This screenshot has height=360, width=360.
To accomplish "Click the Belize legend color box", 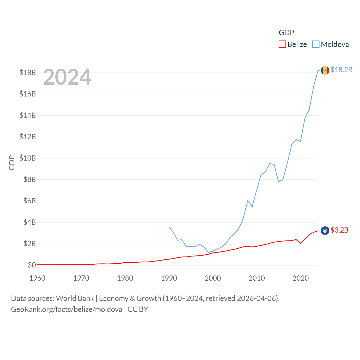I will pos(282,44).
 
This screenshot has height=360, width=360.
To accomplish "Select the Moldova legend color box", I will pos(316,44).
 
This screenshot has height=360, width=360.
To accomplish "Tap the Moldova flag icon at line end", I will pos(325,70).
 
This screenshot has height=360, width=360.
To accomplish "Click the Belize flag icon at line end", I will pos(325,231).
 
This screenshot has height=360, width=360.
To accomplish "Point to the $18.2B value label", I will pos(341,70).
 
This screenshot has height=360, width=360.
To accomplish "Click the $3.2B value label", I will pos(339,230).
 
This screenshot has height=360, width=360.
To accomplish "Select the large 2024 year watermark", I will pos(67,77).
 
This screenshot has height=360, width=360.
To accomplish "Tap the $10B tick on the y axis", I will pos(28,158).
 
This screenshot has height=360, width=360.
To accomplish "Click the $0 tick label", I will pos(32,265).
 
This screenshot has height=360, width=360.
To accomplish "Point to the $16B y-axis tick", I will pos(28,94).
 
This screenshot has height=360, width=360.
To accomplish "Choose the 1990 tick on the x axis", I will pos(169,278).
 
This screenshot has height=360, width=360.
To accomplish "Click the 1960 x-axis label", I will pos(37,278).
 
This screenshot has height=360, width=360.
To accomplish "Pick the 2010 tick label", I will pos(257,278).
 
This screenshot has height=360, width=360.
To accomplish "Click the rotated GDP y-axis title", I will pos(12,163).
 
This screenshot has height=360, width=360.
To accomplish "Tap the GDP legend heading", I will pos(286,33).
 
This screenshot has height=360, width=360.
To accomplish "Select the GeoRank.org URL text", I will pos(67,309).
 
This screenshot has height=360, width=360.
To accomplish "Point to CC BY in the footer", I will pos(138,309).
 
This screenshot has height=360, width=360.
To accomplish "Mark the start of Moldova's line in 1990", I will pos(169,226).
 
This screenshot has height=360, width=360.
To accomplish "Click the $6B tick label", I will pos(30,201).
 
